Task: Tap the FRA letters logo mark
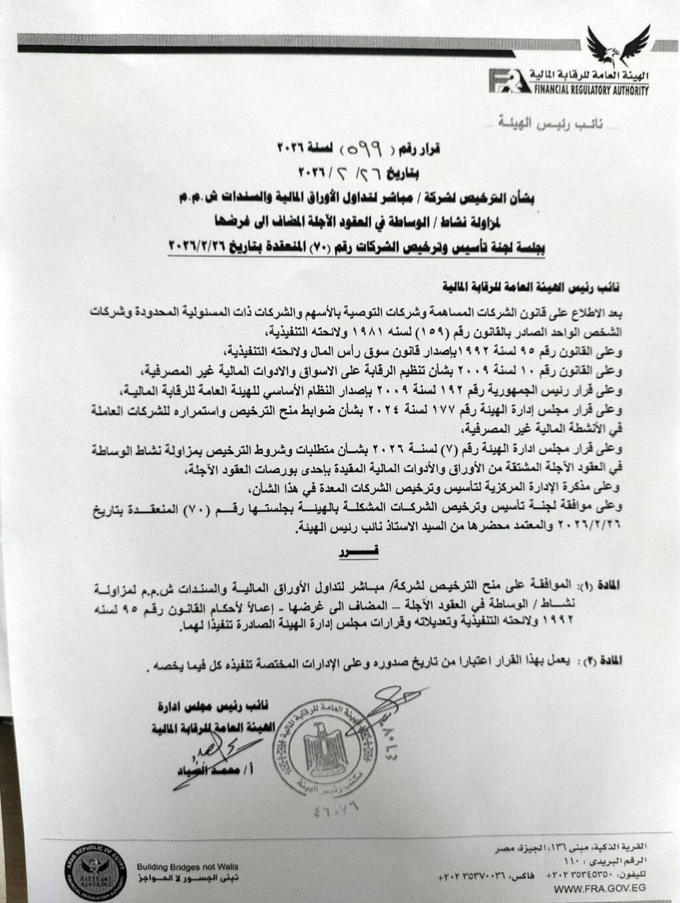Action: (509, 82)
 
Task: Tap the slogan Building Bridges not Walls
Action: (187, 866)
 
